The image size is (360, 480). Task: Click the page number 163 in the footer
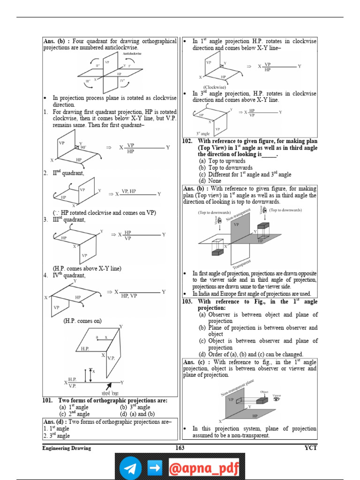point(180,448)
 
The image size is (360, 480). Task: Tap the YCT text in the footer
point(310,448)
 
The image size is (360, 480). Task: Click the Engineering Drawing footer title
point(67,448)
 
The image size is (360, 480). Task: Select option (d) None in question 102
point(210,181)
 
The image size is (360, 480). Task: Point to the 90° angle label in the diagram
point(83,147)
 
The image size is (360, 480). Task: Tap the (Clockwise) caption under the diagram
point(215,87)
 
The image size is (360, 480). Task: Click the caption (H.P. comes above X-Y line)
point(87,269)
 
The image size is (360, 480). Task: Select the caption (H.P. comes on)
point(82,321)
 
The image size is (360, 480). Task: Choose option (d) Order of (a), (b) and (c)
point(251,354)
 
